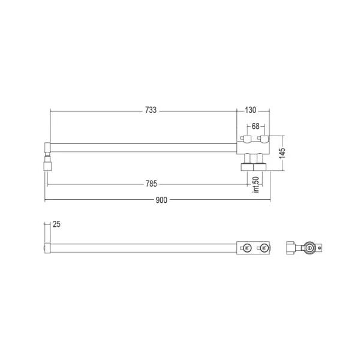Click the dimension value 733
[x=151, y=110]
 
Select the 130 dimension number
[x=251, y=110]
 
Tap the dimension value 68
[x=255, y=126]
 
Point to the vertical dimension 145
[x=282, y=153]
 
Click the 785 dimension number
[x=151, y=184]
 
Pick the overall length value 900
[x=161, y=200]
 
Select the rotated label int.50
[x=256, y=184]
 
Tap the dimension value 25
[x=56, y=224]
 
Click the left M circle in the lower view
[x=247, y=248]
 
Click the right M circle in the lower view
[x=264, y=248]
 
